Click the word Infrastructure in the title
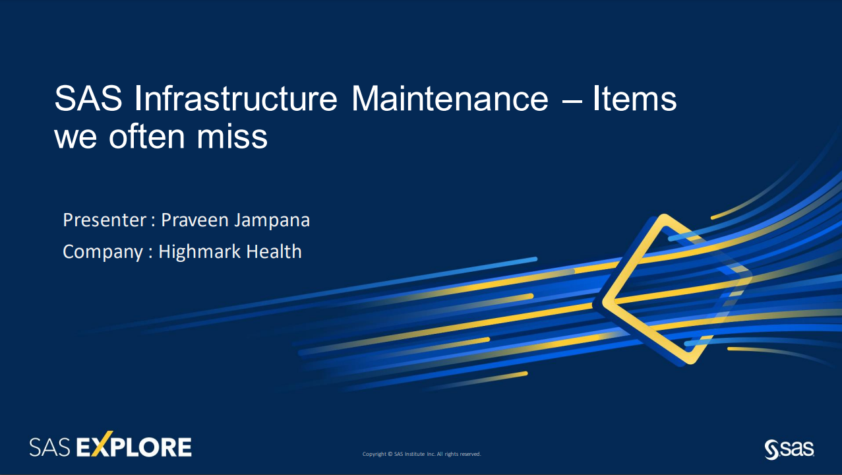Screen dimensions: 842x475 pyautogui.click(x=235, y=98)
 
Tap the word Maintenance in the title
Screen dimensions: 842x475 pyautogui.click(x=450, y=98)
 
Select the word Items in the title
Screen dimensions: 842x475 pyautogui.click(x=635, y=98)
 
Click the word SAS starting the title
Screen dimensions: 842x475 pyautogui.click(x=88, y=98)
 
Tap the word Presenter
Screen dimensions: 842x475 pyautogui.click(x=104, y=220)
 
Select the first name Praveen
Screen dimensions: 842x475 pyautogui.click(x=195, y=220)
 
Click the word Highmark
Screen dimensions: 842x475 pyautogui.click(x=199, y=251)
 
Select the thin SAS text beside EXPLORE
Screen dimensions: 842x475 pyautogui.click(x=49, y=447)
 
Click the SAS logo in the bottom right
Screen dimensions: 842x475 pyautogui.click(x=789, y=449)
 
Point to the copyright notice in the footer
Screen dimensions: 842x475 pyautogui.click(x=421, y=454)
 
